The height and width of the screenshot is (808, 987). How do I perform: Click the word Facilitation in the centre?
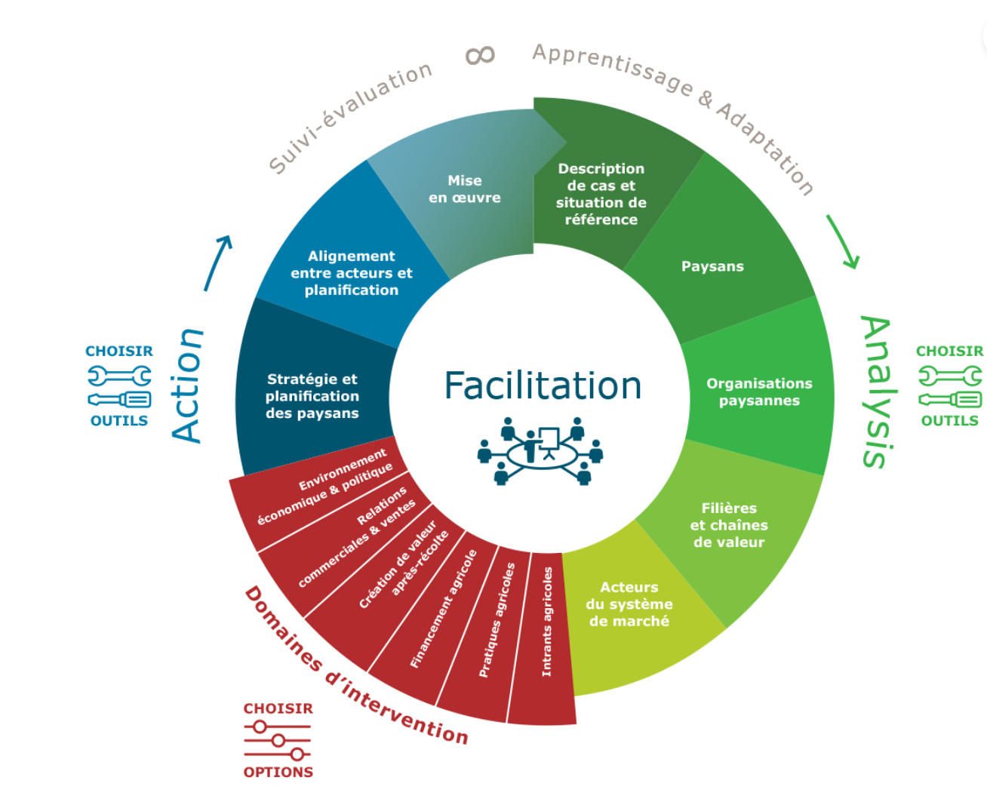[x=543, y=386]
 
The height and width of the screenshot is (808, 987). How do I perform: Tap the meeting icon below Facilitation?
[x=540, y=451]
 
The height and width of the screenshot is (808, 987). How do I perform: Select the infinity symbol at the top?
[x=480, y=55]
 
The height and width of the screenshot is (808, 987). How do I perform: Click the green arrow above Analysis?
[x=843, y=241]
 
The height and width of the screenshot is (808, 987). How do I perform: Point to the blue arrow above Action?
[x=217, y=262]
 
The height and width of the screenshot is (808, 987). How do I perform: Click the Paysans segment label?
[x=712, y=266]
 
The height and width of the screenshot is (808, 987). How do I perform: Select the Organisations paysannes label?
[x=759, y=392]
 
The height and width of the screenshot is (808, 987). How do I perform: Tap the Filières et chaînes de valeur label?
[x=729, y=525]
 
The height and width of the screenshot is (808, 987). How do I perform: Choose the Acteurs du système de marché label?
[x=629, y=604]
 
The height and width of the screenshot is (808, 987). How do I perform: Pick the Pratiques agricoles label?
[x=497, y=619]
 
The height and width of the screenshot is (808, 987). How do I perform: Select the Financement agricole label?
[x=444, y=609]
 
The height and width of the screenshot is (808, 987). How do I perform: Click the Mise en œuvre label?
[x=465, y=189]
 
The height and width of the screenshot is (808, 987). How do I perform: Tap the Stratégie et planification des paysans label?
[x=312, y=396]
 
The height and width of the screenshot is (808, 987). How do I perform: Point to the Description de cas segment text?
[x=601, y=194]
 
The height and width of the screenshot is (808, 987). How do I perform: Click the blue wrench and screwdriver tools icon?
[x=119, y=386]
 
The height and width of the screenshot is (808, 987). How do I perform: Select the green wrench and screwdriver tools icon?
[x=950, y=386]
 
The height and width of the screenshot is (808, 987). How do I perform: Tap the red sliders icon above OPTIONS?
[x=277, y=740]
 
